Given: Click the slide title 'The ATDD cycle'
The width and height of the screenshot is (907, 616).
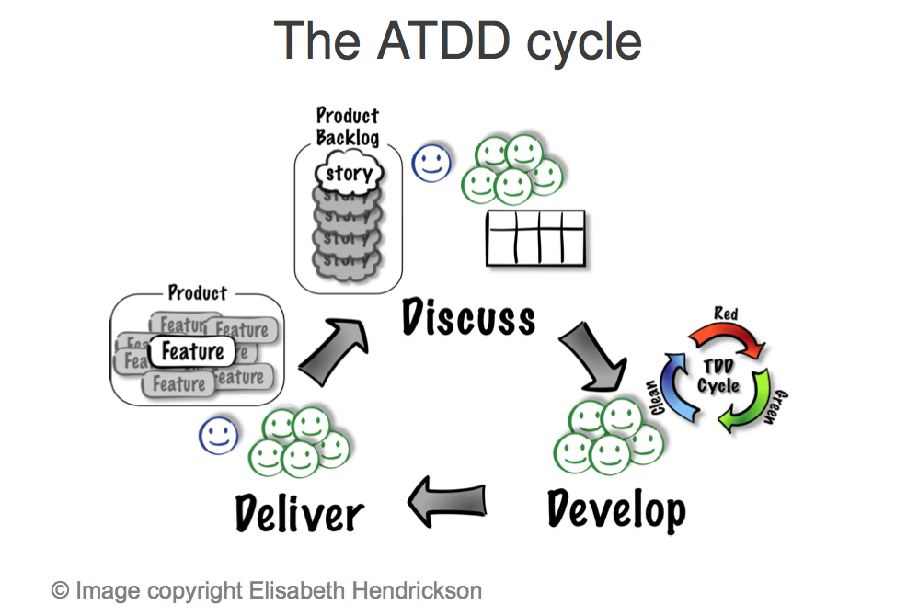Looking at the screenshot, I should pyautogui.click(x=457, y=41).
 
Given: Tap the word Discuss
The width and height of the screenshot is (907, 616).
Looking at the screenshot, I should pyautogui.click(x=468, y=317).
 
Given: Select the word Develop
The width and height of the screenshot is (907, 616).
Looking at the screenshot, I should pyautogui.click(x=615, y=508).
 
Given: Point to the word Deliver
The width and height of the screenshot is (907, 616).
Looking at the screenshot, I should pyautogui.click(x=299, y=511).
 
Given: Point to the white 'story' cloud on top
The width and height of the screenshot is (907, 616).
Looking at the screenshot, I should pyautogui.click(x=349, y=173).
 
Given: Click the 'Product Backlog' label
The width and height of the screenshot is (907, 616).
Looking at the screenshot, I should pyautogui.click(x=347, y=127).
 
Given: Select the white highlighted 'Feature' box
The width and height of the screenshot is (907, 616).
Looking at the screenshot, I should pyautogui.click(x=192, y=351).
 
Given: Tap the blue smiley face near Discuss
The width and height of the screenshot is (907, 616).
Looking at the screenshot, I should pyautogui.click(x=431, y=163).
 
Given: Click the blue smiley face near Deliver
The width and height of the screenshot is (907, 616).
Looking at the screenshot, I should pyautogui.click(x=218, y=435).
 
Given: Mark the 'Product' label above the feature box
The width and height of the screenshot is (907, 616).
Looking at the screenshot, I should pyautogui.click(x=197, y=293).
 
